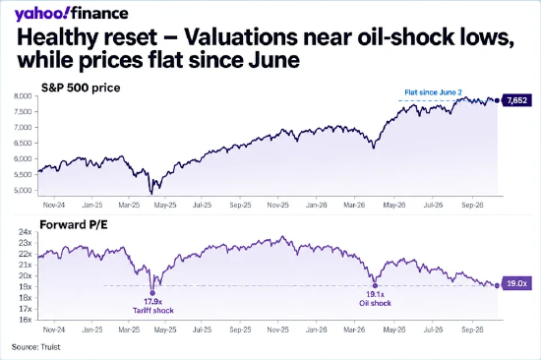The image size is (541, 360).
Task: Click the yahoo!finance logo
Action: pyautogui.click(x=71, y=14)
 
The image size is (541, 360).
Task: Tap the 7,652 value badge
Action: pyautogui.click(x=516, y=100)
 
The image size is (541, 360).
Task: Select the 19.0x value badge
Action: pyautogui.click(x=516, y=283)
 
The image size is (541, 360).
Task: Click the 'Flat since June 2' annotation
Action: pyautogui.click(x=433, y=92)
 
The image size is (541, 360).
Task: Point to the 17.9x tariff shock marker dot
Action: pyautogui.click(x=152, y=293)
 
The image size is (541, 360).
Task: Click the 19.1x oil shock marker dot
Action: pyautogui.click(x=375, y=285)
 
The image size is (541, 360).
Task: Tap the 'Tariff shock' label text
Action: pyautogui.click(x=153, y=310)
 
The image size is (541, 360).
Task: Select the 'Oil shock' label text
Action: pyautogui.click(x=375, y=303)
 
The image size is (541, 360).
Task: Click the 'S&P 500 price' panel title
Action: pyautogui.click(x=81, y=88)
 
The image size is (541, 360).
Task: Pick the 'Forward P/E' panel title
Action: pyautogui.click(x=74, y=224)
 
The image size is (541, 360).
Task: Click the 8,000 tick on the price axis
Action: pyautogui.click(x=23, y=96)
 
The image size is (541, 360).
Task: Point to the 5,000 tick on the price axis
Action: pyautogui.click(x=23, y=190)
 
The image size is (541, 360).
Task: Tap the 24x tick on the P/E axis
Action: pyautogui.click(x=25, y=232)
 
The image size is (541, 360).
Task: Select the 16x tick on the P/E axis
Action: pyautogui.click(x=25, y=320)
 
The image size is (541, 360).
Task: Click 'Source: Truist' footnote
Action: pyautogui.click(x=35, y=347)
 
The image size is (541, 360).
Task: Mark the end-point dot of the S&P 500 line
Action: pyautogui.click(x=497, y=100)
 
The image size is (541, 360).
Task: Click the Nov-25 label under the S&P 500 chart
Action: pyautogui.click(x=277, y=205)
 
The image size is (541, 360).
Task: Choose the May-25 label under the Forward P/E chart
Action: pyautogui.click(x=165, y=330)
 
